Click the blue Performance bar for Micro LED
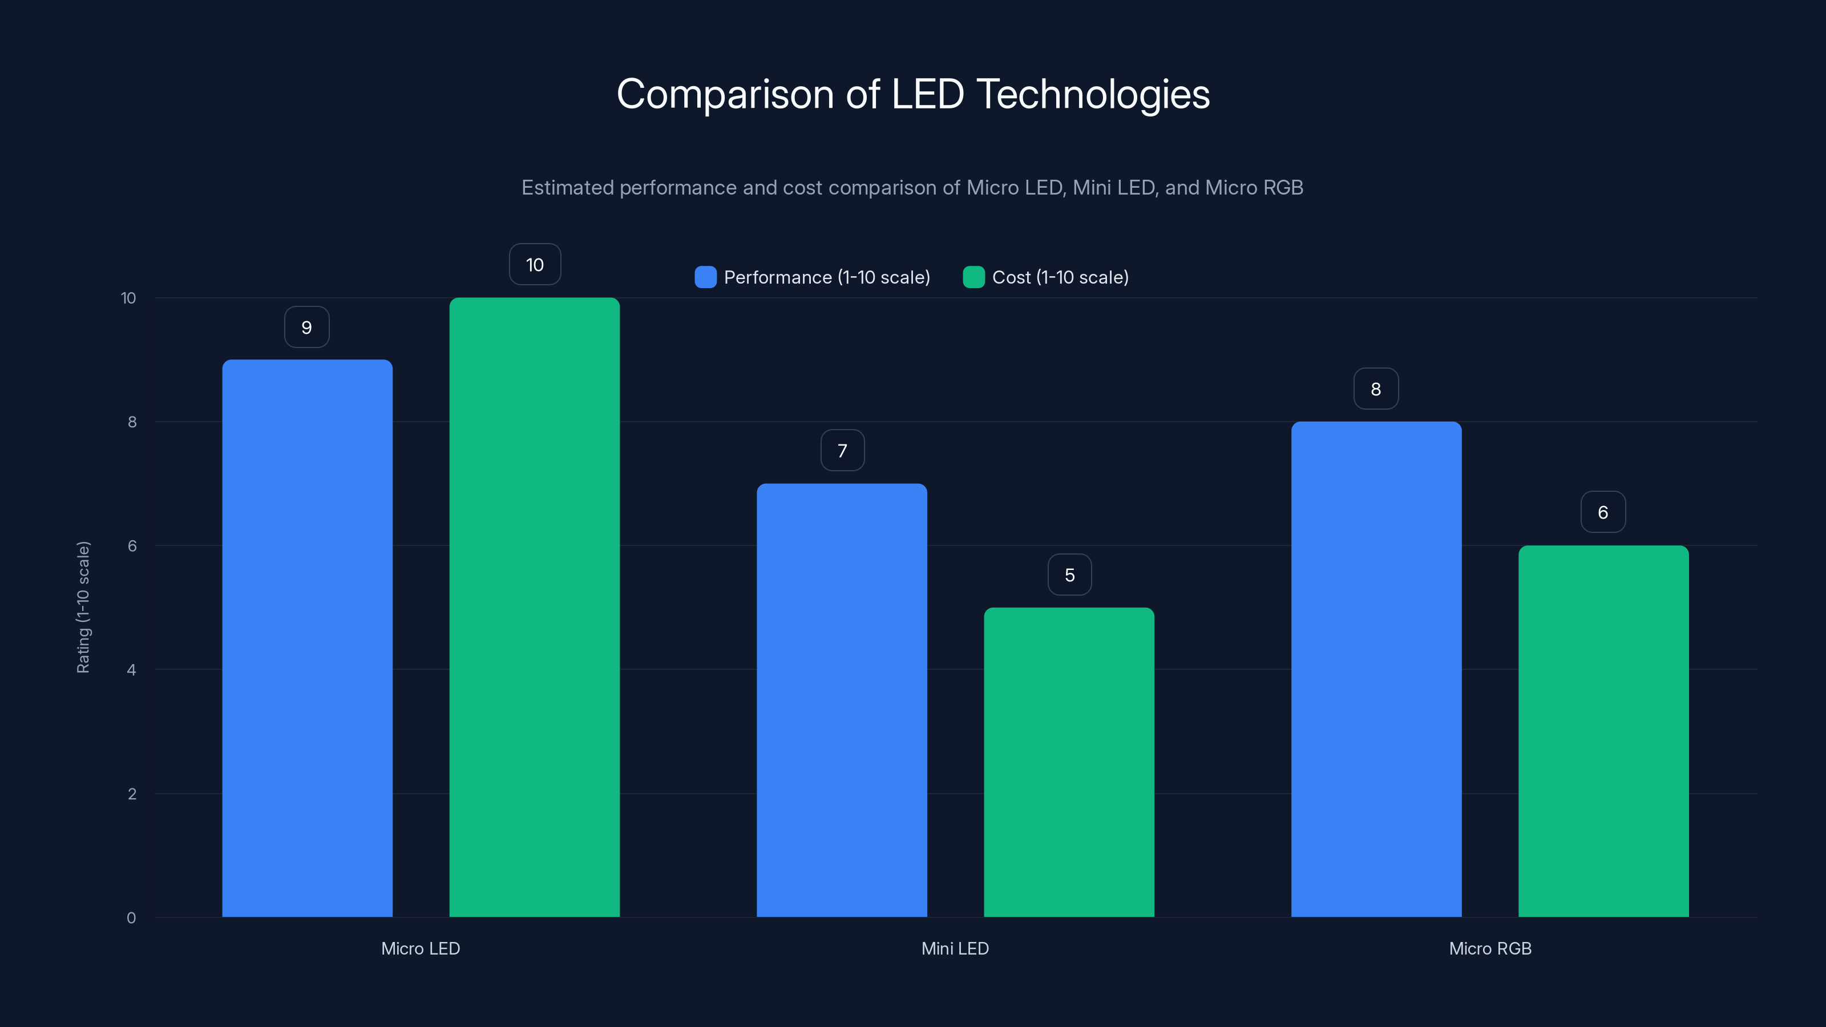point(307,638)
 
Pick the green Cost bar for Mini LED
point(1069,762)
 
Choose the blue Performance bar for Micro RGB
point(1376,669)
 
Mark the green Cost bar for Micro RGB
point(1603,731)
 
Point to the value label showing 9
point(306,327)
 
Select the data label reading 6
point(1603,512)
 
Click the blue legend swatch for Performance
point(705,277)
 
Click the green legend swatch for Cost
point(973,277)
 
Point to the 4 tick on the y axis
point(132,670)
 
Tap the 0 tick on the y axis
point(131,918)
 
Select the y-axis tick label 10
point(128,298)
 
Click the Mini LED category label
point(955,948)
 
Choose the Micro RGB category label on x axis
point(1490,948)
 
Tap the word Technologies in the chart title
point(1093,94)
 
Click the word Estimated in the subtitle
point(567,188)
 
